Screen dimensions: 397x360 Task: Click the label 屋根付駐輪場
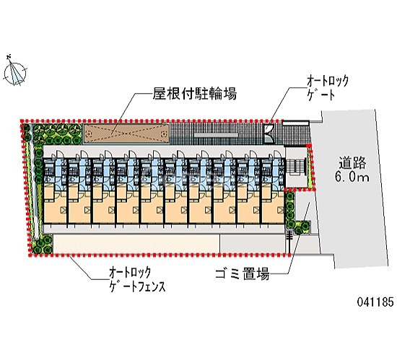194,94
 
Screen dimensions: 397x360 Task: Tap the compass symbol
14,71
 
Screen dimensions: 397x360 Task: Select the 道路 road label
352,162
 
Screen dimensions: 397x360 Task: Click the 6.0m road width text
352,177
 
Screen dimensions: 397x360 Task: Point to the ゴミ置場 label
242,273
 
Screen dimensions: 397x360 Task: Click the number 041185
375,302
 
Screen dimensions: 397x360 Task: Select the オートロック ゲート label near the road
328,88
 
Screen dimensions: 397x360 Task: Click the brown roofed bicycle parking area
126,133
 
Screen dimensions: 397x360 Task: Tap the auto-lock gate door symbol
268,133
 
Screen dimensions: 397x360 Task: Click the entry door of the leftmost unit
59,154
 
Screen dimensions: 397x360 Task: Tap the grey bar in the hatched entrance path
216,136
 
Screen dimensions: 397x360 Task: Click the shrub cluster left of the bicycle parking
58,134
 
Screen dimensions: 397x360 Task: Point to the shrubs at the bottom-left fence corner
42,245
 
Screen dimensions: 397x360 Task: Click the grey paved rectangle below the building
252,243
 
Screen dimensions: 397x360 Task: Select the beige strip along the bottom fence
136,243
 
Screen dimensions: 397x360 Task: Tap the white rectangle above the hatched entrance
296,123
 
